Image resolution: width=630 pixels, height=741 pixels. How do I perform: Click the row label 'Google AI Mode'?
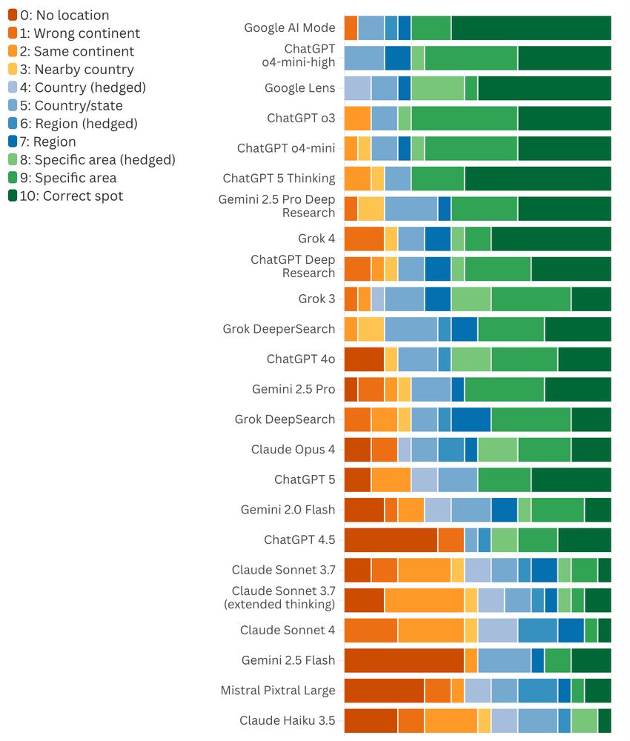pos(289,28)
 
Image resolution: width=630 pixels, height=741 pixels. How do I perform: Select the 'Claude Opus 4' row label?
pos(293,450)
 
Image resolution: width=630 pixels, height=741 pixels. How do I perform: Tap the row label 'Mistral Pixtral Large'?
pos(278,691)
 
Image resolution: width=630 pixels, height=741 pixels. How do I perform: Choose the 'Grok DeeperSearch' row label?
pos(279,329)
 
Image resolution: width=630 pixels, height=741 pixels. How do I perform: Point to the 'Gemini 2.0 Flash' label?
pos(288,510)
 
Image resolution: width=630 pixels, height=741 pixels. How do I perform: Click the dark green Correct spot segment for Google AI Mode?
pos(531,28)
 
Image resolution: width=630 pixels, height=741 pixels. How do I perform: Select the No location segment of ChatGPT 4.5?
pos(391,540)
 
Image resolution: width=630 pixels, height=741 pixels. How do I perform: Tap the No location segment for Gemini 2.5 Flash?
pos(404,660)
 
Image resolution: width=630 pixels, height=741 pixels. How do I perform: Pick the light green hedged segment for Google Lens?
pos(437,88)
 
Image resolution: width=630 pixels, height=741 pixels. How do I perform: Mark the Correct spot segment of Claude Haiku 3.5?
pos(604,720)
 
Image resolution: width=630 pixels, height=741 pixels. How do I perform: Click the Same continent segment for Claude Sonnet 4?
pos(431,631)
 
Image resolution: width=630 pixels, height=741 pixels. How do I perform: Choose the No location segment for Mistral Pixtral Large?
pos(384,691)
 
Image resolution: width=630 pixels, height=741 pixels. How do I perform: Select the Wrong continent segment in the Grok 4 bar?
pos(364,239)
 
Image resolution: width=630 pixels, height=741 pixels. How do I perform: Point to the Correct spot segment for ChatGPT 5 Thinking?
pos(537,179)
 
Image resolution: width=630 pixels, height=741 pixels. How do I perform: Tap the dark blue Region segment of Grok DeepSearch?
pos(471,419)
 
